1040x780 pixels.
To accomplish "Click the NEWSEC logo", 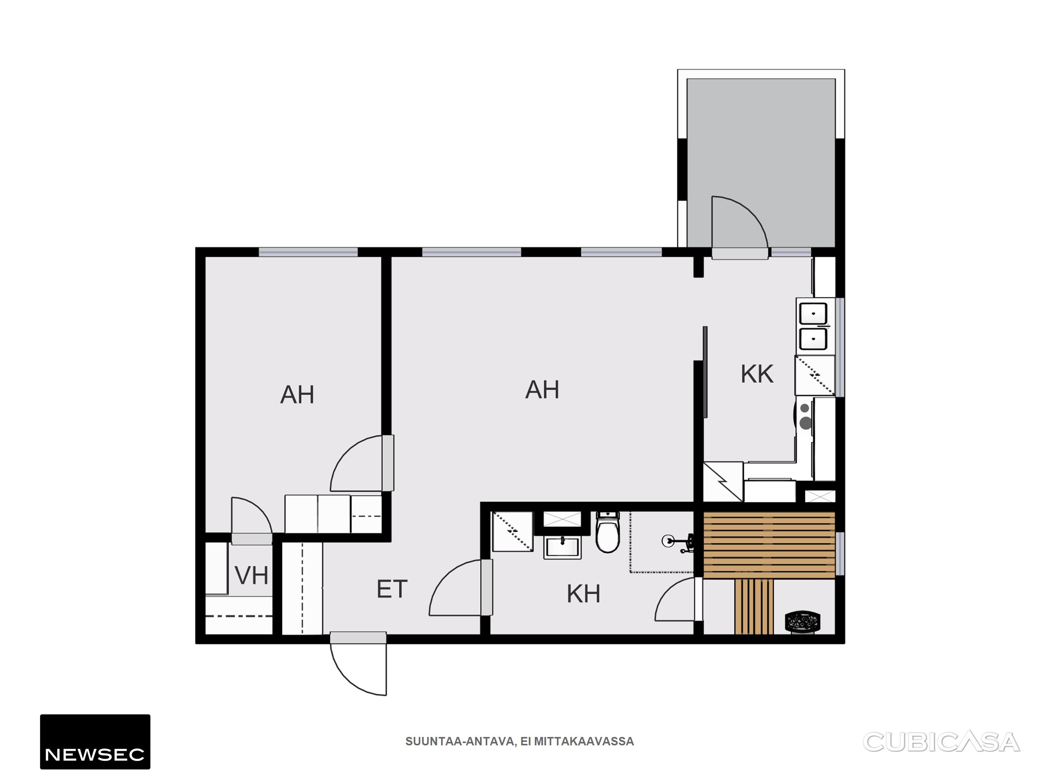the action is (x=95, y=742).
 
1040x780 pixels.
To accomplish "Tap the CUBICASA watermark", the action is (x=941, y=742).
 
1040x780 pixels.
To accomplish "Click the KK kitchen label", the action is (x=757, y=374).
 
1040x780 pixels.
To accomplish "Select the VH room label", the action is (x=251, y=575).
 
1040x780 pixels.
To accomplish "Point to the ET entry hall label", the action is (x=392, y=589).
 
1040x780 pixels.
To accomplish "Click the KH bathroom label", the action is (x=584, y=594).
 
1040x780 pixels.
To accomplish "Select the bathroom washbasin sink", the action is (x=562, y=548).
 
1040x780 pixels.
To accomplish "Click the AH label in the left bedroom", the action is (x=297, y=395).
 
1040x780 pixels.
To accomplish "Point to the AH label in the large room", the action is (x=542, y=390).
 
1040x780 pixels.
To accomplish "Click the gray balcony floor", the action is (x=761, y=141).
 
